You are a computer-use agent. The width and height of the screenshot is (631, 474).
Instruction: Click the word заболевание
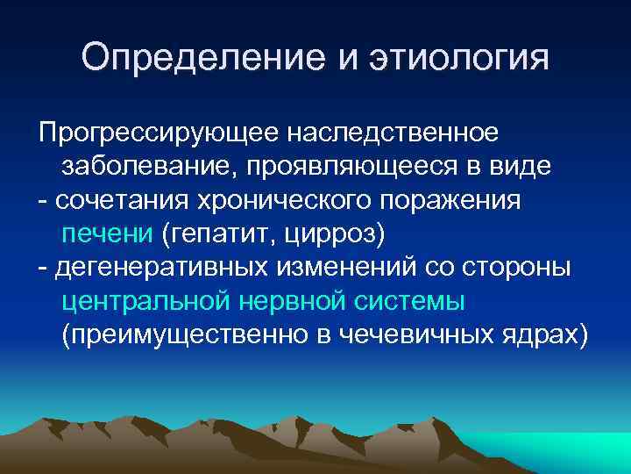coord(152,166)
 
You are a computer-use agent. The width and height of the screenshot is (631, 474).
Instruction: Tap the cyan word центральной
coord(145,302)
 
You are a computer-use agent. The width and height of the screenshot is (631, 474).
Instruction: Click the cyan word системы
coord(410,302)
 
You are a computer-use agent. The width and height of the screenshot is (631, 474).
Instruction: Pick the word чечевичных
coord(418,336)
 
